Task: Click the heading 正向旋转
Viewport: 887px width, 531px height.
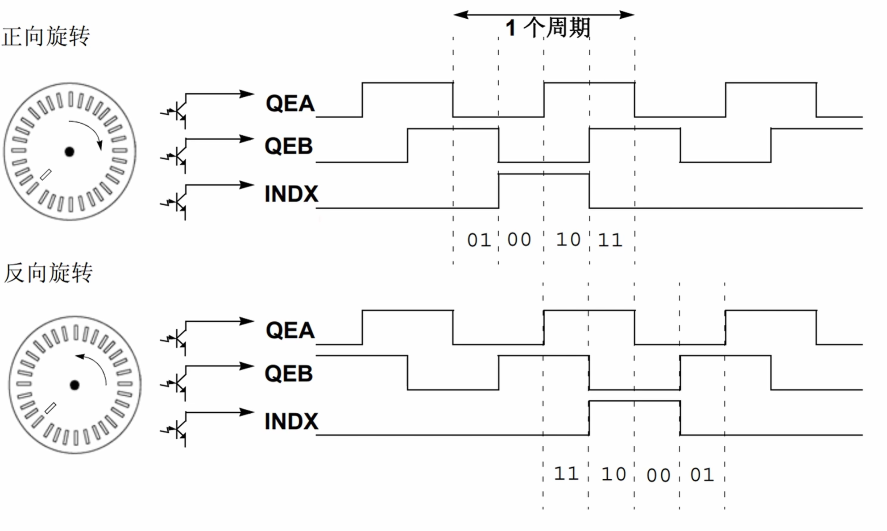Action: (x=46, y=36)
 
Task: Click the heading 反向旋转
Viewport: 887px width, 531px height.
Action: (x=48, y=273)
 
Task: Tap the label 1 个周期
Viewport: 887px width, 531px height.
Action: (x=548, y=28)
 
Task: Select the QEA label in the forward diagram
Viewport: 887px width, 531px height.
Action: (x=290, y=104)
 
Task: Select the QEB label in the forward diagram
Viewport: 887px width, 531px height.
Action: (x=289, y=146)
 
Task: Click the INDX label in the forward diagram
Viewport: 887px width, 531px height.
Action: (x=291, y=194)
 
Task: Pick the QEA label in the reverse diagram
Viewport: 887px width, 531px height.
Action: (x=290, y=331)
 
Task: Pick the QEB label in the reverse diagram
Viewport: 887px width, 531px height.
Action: (x=289, y=373)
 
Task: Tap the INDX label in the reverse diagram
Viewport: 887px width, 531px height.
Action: (x=291, y=421)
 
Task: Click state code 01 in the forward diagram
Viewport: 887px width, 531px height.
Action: (x=479, y=240)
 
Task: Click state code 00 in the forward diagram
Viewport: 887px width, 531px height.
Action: (x=519, y=240)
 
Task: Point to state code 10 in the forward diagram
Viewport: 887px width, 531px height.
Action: (x=568, y=240)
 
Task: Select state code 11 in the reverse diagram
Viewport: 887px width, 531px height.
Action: (x=566, y=473)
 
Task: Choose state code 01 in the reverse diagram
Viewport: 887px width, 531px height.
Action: (x=702, y=475)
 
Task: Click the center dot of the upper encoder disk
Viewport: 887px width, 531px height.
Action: (x=69, y=152)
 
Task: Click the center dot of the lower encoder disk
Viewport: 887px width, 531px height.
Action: (x=75, y=385)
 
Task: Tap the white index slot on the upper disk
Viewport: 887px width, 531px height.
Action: (x=46, y=175)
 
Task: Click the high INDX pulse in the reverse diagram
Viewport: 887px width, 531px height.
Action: (x=634, y=401)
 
